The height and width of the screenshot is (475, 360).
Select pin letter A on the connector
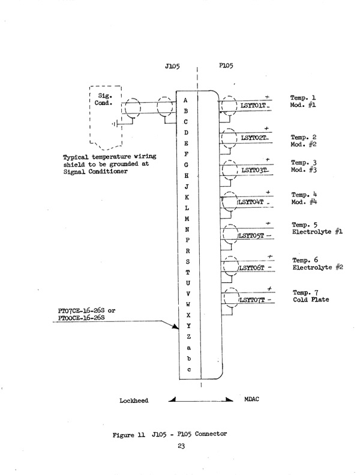pyautogui.click(x=186, y=100)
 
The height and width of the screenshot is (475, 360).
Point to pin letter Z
pyautogui.click(x=188, y=337)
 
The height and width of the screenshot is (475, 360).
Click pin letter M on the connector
pyautogui.click(x=187, y=219)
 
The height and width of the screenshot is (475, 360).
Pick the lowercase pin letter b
pyautogui.click(x=188, y=359)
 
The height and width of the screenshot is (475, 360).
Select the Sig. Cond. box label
pyautogui.click(x=107, y=98)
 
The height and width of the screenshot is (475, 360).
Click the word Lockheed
pyautogui.click(x=133, y=400)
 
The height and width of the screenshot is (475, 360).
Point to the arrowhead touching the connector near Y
pyautogui.click(x=176, y=327)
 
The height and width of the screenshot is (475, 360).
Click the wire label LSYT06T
pyautogui.click(x=253, y=268)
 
